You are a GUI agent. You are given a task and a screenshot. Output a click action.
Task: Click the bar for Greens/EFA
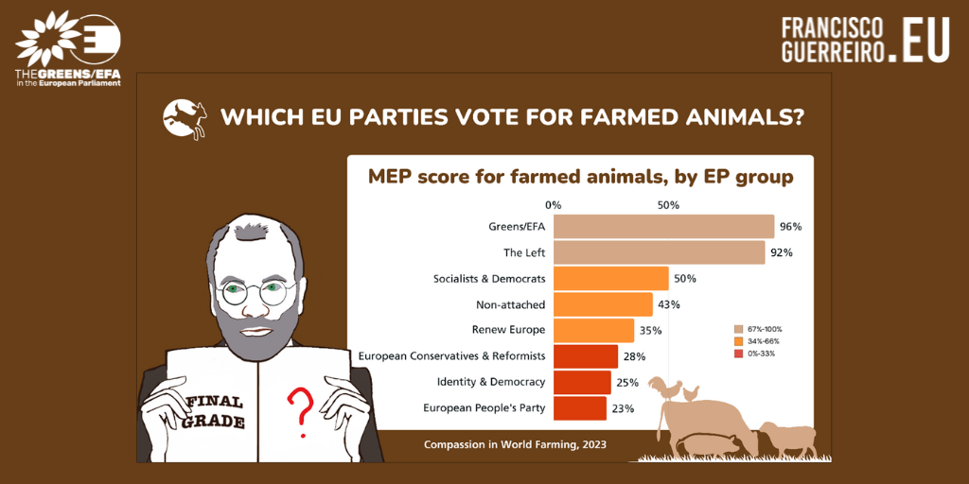click(663, 226)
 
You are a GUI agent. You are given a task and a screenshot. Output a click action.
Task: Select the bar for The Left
click(659, 252)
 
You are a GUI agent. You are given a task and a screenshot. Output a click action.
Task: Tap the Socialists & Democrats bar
click(610, 278)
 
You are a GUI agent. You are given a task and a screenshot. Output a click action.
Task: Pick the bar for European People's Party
click(579, 408)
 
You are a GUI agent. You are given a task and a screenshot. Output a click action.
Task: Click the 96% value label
click(790, 227)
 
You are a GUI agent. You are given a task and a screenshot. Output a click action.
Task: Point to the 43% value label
click(669, 304)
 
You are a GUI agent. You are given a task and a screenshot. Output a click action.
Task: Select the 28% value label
click(634, 356)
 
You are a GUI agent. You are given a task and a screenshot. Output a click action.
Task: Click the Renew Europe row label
click(508, 330)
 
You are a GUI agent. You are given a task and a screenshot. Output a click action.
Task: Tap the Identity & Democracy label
click(490, 382)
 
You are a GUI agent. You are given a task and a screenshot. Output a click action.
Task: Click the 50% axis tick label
click(668, 205)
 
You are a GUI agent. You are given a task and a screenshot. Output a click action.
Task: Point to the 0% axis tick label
click(554, 205)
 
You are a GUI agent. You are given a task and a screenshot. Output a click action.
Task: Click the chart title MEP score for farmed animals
click(580, 177)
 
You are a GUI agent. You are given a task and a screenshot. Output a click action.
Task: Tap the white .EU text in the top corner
click(924, 40)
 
